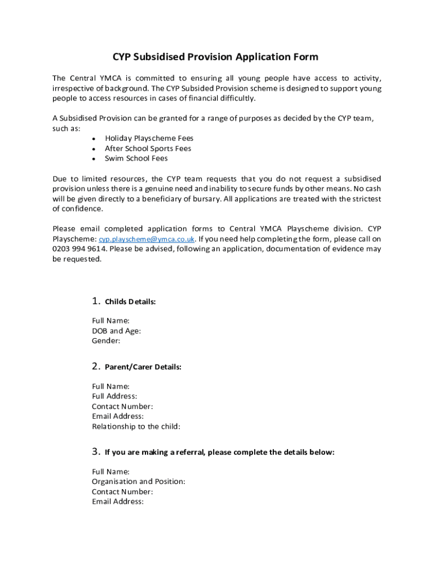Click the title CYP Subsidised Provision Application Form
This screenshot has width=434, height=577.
click(215, 57)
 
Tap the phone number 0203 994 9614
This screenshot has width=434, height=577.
click(79, 249)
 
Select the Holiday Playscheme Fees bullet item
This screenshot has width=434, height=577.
click(149, 139)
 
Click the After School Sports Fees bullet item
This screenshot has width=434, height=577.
click(148, 149)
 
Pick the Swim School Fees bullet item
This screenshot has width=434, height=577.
click(136, 159)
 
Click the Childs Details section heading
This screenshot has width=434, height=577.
click(130, 302)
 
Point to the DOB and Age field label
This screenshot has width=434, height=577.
click(116, 331)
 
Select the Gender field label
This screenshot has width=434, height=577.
click(106, 341)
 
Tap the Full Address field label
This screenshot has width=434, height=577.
click(114, 397)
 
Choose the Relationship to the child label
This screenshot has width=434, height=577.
click(136, 427)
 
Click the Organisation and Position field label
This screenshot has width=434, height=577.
click(139, 482)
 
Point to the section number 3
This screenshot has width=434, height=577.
click(95, 452)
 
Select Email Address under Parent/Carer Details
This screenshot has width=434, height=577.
click(118, 416)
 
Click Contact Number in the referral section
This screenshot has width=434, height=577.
click(122, 492)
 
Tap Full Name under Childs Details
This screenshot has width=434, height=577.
click(110, 321)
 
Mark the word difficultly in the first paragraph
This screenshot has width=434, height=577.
click(238, 99)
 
